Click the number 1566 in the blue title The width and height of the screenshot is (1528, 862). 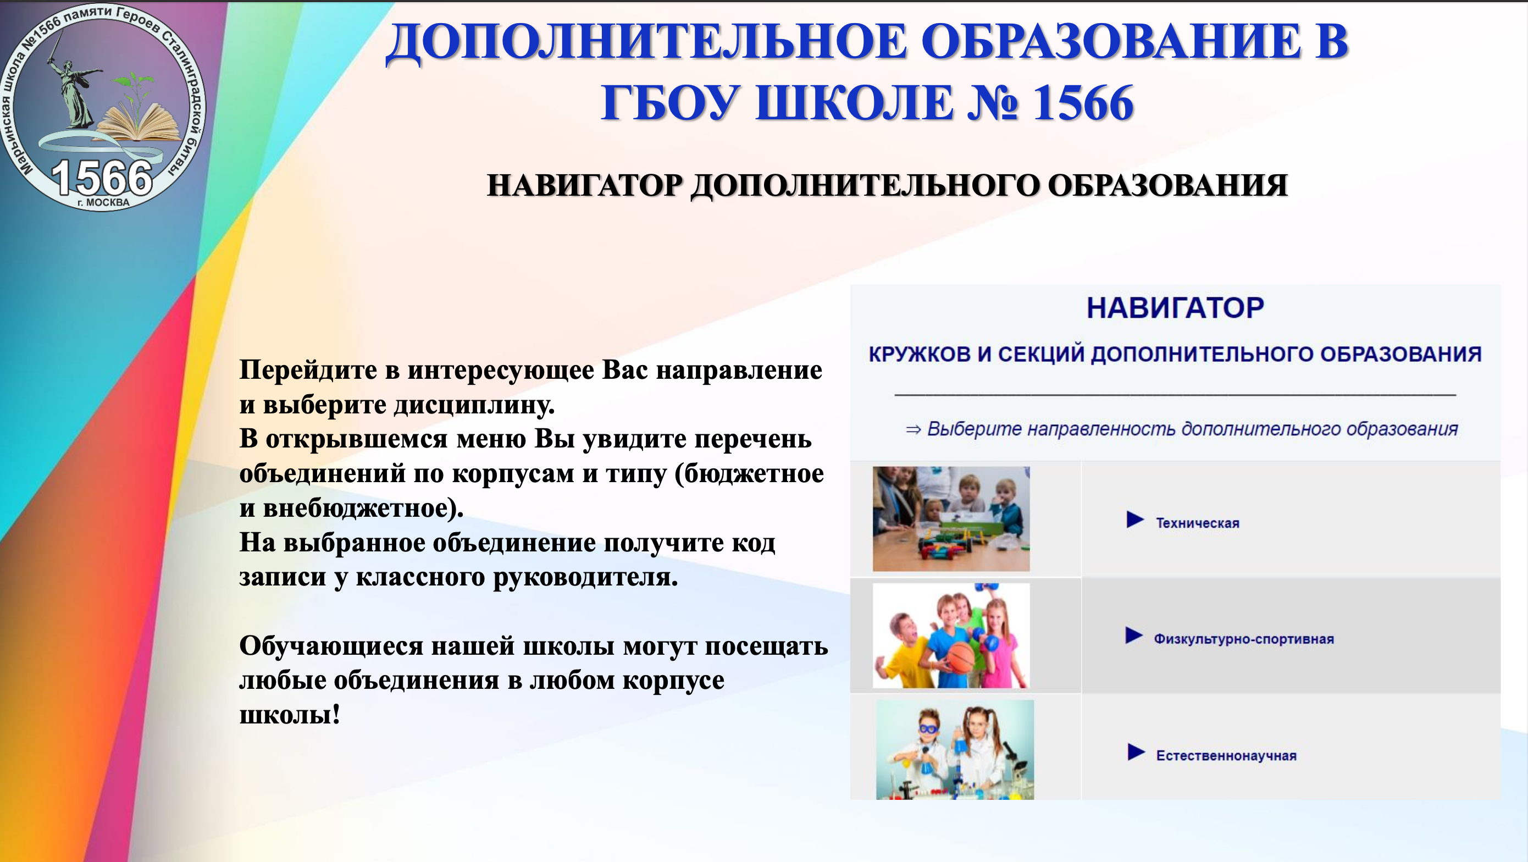click(x=1083, y=103)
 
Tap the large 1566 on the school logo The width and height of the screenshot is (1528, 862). click(x=102, y=178)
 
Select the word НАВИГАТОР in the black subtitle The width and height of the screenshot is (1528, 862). click(x=585, y=185)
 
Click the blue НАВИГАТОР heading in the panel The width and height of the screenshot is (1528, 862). click(x=1175, y=308)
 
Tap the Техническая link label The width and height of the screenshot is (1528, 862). click(x=1197, y=523)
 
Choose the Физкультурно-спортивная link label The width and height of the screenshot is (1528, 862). click(x=1243, y=639)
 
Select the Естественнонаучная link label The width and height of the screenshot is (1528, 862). click(x=1226, y=755)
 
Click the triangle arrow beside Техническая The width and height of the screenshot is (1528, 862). click(x=1134, y=520)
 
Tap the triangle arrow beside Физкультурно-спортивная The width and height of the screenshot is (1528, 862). click(x=1133, y=636)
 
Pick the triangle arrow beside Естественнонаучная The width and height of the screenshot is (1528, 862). click(x=1136, y=752)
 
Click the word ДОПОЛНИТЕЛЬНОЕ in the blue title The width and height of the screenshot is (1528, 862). click(x=645, y=43)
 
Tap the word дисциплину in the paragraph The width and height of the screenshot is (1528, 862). click(x=474, y=405)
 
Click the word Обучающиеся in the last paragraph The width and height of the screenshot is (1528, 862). click(x=331, y=646)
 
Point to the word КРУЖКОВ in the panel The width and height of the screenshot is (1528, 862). click(x=919, y=354)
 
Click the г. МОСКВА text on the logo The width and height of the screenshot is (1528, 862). click(x=103, y=202)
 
